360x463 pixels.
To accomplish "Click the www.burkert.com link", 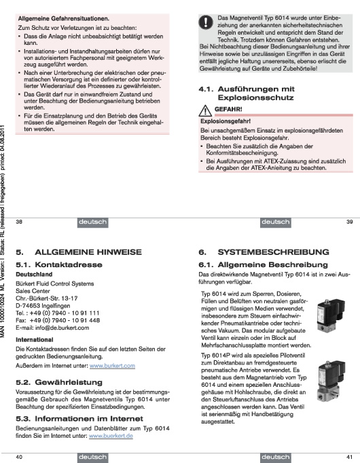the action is (x=112, y=366).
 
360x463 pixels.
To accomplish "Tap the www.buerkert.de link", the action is (x=111, y=436).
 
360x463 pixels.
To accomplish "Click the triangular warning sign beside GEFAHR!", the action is (x=205, y=110).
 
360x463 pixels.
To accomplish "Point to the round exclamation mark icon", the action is (x=206, y=22).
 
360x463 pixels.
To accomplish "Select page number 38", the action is (x=19, y=222).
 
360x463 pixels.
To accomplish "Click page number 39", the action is (x=349, y=222).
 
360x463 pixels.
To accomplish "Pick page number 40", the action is (x=19, y=457).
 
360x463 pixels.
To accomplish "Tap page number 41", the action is (x=349, y=457).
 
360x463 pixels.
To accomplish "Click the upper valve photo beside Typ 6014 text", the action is (x=331, y=315).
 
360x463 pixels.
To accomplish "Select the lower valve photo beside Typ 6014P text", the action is (x=331, y=380).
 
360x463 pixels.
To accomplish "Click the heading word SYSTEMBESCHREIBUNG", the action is (x=273, y=252).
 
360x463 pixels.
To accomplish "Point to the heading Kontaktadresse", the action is (x=69, y=264).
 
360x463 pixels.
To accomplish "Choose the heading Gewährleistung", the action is (x=69, y=382).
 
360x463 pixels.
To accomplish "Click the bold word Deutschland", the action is (x=34, y=274).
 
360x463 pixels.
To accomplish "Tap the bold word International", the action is (x=35, y=339).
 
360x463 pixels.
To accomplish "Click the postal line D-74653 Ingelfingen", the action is (x=43, y=306).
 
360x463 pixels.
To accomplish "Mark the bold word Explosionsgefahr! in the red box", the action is (x=226, y=121).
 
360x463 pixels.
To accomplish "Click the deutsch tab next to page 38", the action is (x=92, y=222).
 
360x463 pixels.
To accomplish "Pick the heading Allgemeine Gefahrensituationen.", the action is (x=64, y=18).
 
